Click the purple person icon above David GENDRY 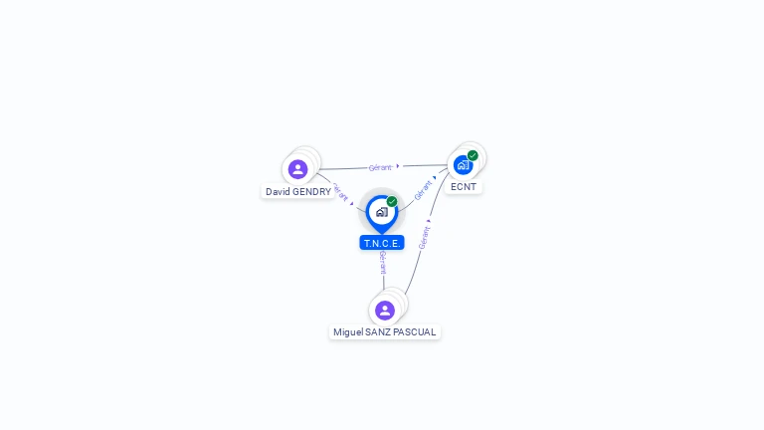point(297,169)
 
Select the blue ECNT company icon point(463,165)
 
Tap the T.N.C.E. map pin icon point(381,212)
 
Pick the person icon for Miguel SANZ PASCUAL point(385,311)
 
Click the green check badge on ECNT point(473,155)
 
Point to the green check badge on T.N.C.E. point(392,202)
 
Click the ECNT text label point(463,187)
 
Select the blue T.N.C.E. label point(382,243)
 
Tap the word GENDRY point(311,192)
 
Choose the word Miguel point(348,332)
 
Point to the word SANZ point(379,332)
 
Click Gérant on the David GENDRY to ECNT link point(380,167)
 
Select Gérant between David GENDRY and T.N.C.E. point(338,190)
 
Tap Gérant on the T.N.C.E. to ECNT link point(423,189)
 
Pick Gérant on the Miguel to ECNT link point(425,238)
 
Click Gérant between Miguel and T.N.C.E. point(383,262)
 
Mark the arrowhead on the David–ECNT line point(398,166)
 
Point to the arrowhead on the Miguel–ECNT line point(429,221)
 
